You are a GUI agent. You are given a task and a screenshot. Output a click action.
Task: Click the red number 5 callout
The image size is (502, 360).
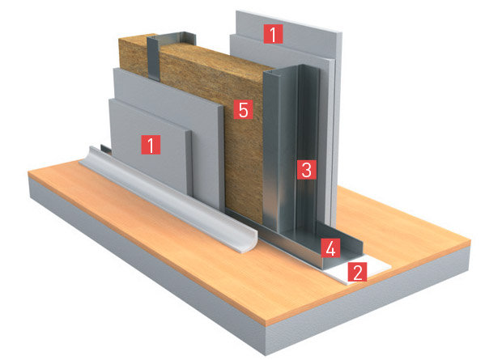tap(244, 109)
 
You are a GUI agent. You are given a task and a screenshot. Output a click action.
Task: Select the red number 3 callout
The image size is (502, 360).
tap(307, 169)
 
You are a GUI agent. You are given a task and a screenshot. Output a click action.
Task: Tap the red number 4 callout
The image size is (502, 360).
tap(330, 248)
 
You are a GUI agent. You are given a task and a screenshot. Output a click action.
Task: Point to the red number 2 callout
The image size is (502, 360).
tap(357, 272)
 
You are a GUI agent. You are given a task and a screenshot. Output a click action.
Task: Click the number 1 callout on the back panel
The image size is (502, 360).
tap(273, 34)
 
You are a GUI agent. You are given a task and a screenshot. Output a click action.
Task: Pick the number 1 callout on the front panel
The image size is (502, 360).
tap(151, 144)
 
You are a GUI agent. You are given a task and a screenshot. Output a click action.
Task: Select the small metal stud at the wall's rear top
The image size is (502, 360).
tap(170, 51)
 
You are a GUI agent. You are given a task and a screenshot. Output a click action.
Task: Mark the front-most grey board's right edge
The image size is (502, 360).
tap(189, 163)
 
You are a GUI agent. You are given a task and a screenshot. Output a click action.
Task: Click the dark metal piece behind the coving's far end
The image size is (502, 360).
tap(105, 149)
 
